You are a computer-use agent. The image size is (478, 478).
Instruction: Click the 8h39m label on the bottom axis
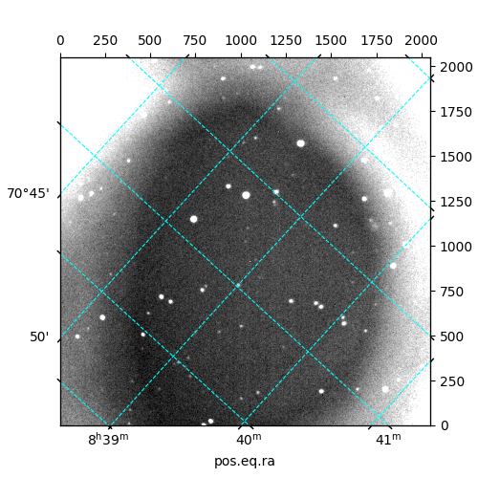[108, 439]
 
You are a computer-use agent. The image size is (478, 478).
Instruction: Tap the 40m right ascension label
[249, 440]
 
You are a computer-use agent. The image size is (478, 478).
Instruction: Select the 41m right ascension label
[388, 440]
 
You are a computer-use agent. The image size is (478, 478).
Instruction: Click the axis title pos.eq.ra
[245, 462]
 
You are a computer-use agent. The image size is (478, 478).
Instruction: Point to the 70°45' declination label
[29, 193]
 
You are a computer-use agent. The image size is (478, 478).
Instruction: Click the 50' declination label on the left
[39, 337]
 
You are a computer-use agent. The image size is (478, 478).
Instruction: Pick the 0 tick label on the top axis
[60, 41]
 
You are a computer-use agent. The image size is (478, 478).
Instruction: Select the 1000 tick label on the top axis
[241, 41]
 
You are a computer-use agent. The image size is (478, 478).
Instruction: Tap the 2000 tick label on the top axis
[422, 41]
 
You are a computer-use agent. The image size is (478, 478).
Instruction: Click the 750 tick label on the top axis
[195, 41]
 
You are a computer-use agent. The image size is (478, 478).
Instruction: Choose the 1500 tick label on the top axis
[331, 41]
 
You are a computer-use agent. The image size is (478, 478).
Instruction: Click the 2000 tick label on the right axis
[456, 67]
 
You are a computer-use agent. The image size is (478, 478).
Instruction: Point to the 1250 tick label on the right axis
[456, 202]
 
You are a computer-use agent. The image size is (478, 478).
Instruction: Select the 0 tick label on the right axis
[445, 425]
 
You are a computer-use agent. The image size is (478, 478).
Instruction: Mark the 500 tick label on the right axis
[452, 337]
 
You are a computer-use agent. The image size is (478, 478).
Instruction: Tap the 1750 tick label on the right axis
[456, 112]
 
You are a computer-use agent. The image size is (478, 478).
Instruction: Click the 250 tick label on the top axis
[105, 41]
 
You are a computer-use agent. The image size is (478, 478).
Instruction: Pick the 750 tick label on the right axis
[452, 292]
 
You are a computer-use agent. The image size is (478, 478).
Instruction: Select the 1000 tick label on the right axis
[456, 247]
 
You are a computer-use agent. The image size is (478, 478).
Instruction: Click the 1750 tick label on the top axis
[377, 41]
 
